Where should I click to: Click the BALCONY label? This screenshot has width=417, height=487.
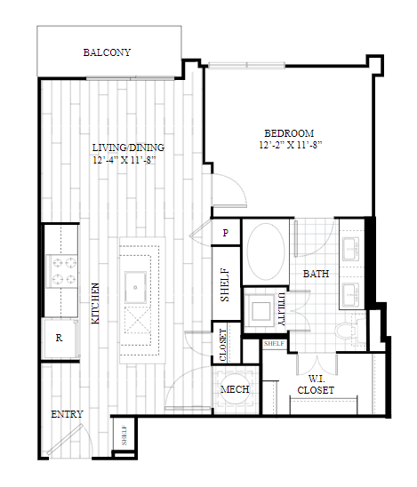(107, 52)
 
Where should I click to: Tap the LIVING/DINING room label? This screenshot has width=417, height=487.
(128, 148)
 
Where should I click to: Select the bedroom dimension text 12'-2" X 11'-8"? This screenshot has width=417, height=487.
(291, 145)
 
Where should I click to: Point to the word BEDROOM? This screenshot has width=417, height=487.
(289, 133)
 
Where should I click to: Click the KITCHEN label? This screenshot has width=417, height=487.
(96, 303)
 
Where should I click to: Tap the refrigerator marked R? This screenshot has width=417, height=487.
(60, 338)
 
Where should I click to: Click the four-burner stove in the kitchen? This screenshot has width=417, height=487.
(61, 271)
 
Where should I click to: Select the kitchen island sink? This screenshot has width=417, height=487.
(135, 287)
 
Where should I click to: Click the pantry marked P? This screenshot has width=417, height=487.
(226, 232)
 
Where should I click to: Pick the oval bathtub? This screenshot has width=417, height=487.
(267, 251)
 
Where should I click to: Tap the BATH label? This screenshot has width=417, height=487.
(316, 274)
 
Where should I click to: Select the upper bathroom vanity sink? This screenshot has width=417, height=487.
(351, 249)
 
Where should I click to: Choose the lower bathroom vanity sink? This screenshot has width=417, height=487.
(351, 294)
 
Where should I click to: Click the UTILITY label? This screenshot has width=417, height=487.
(282, 309)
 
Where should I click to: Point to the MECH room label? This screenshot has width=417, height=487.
(235, 389)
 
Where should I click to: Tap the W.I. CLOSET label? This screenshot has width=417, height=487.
(316, 385)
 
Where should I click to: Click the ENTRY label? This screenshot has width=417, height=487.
(67, 414)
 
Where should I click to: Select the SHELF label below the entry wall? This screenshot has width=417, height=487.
(124, 435)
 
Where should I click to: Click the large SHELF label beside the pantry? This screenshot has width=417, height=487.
(225, 284)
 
